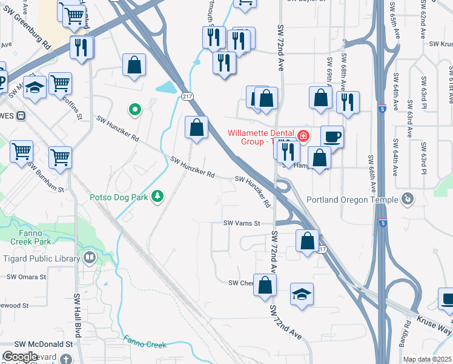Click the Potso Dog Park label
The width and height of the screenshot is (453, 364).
pyautogui.click(x=119, y=197)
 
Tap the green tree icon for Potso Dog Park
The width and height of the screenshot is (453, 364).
pyautogui.click(x=157, y=196)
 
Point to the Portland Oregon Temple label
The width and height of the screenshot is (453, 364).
pyautogui.click(x=352, y=200)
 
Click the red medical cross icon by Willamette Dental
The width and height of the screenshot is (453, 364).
pyautogui.click(x=302, y=134)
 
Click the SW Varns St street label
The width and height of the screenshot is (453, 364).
pyautogui.click(x=242, y=223)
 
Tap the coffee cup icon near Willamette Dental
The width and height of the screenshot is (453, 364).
pyautogui.click(x=331, y=136)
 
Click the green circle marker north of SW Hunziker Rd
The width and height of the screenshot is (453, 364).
pyautogui.click(x=135, y=110)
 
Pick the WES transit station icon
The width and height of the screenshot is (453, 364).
pyautogui.click(x=21, y=115)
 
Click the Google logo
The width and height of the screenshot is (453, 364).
pyautogui.click(x=20, y=357)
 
